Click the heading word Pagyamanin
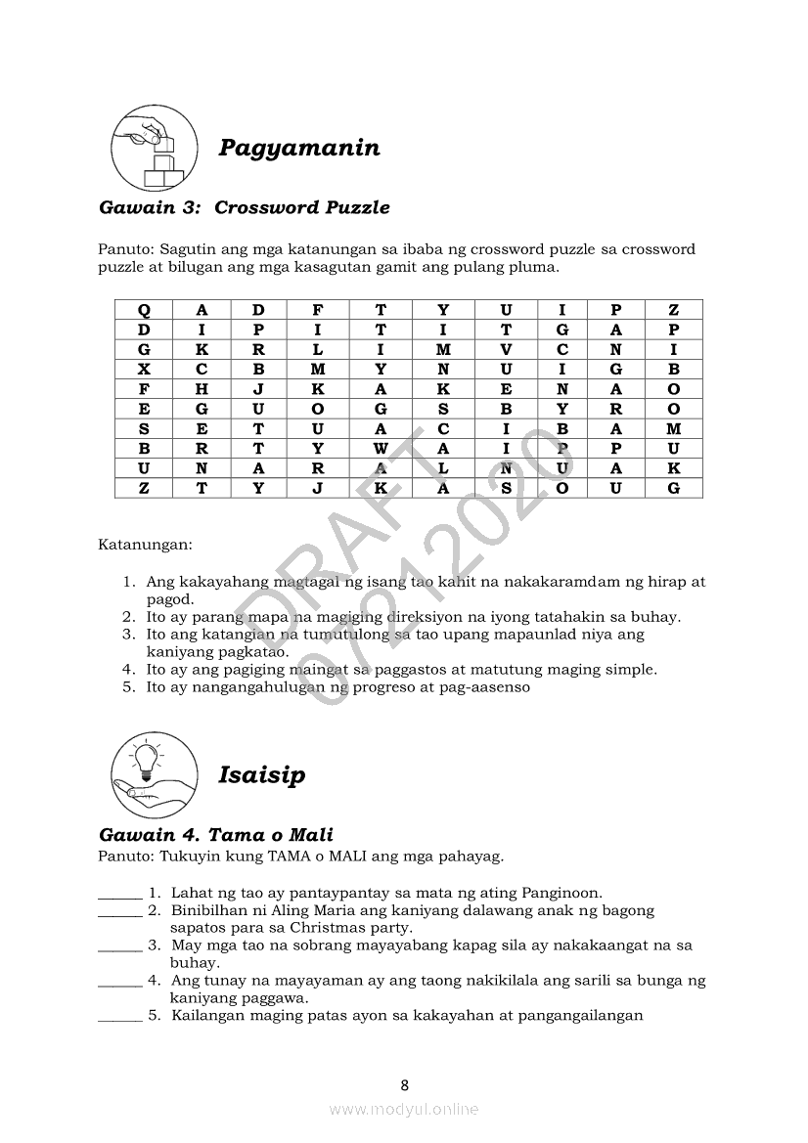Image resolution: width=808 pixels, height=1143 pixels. (298, 149)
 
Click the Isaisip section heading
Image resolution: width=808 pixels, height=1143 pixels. (261, 775)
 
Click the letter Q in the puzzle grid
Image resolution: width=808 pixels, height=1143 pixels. (144, 310)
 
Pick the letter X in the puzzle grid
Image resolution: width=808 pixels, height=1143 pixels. (144, 370)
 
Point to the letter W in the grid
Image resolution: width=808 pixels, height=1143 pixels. (382, 449)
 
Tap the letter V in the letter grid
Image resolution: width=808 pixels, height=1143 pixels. (506, 350)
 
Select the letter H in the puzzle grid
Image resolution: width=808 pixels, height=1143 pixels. (202, 389)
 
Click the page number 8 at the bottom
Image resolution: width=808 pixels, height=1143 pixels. (404, 1084)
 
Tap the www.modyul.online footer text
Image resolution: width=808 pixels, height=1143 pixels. (404, 1109)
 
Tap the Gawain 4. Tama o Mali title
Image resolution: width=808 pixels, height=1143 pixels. (216, 835)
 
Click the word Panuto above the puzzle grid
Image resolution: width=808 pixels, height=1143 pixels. (124, 249)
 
